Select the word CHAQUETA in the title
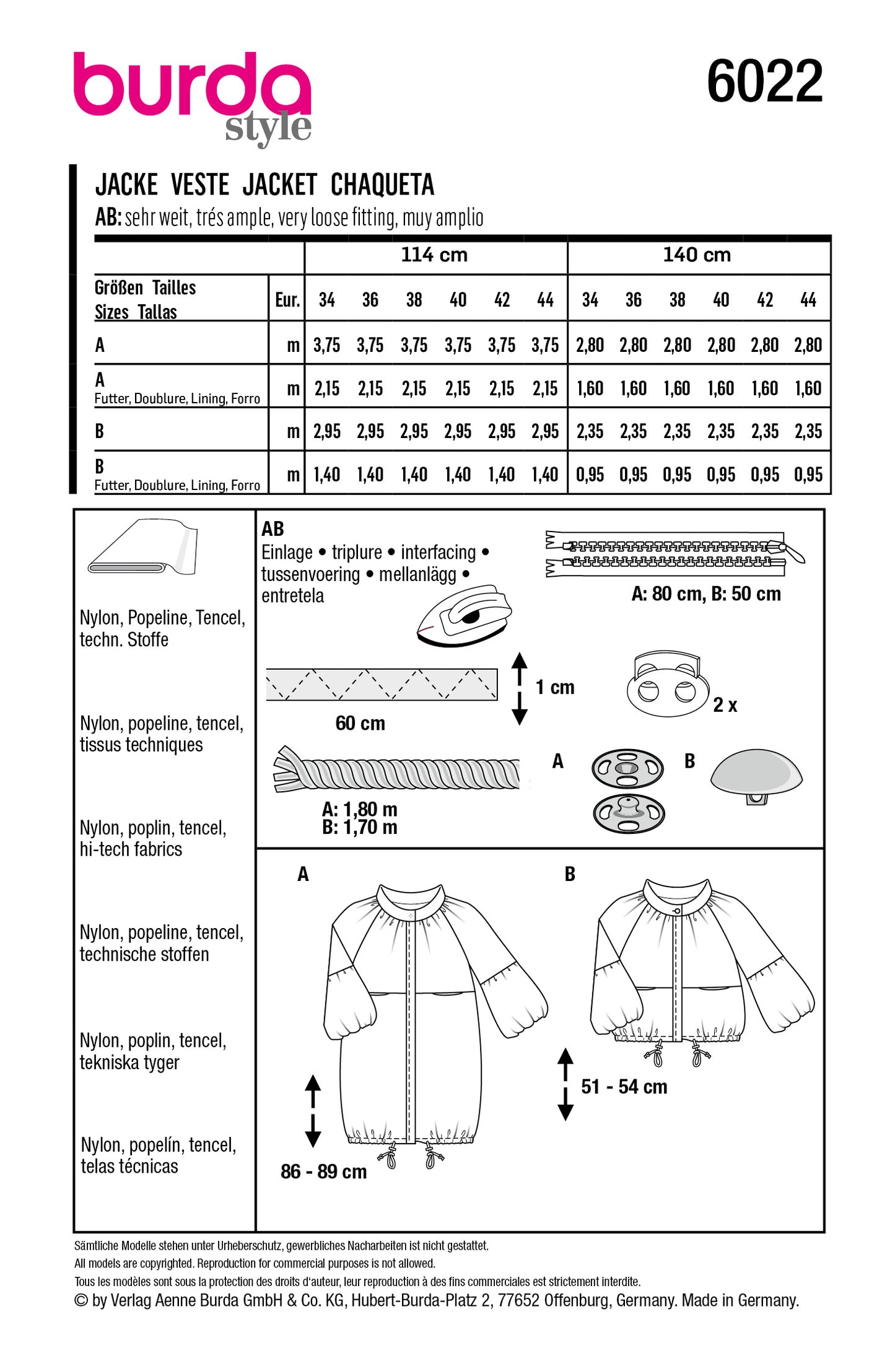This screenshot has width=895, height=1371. point(382,185)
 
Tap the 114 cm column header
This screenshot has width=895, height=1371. point(434,255)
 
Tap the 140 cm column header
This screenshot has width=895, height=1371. point(697,255)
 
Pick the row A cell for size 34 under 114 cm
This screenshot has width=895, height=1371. point(326,345)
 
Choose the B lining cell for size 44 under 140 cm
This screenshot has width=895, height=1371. point(808,475)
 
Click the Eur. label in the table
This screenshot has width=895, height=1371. point(287,300)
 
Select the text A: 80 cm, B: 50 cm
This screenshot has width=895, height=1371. point(705,594)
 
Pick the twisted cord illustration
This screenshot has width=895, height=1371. point(396,769)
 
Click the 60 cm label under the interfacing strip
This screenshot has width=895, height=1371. point(360,723)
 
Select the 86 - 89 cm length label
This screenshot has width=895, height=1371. point(323,1172)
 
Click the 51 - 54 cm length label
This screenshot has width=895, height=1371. point(624,1087)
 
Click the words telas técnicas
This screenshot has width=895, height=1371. point(129,1167)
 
